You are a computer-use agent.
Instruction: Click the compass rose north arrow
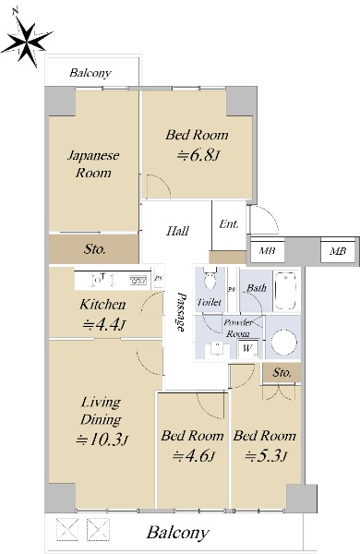27,39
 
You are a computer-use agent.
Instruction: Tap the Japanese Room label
93,164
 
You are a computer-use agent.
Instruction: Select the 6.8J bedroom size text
198,155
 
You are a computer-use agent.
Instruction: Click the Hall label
178,231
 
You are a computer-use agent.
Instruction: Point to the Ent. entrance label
229,224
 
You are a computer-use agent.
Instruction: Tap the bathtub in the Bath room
284,291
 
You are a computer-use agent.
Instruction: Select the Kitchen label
102,305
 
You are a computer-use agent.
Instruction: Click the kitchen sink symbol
138,280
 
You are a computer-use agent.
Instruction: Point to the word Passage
181,312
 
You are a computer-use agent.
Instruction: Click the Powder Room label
238,328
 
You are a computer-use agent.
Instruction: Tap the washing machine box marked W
248,349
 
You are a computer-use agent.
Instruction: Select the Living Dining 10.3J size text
102,440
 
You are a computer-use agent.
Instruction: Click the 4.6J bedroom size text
193,456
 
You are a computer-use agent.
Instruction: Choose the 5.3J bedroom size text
266,456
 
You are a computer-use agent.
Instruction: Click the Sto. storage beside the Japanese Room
93,248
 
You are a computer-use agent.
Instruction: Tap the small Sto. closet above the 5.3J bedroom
282,373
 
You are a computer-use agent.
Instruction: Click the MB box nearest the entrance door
267,251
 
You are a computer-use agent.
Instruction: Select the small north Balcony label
90,73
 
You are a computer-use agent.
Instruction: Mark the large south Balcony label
178,533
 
